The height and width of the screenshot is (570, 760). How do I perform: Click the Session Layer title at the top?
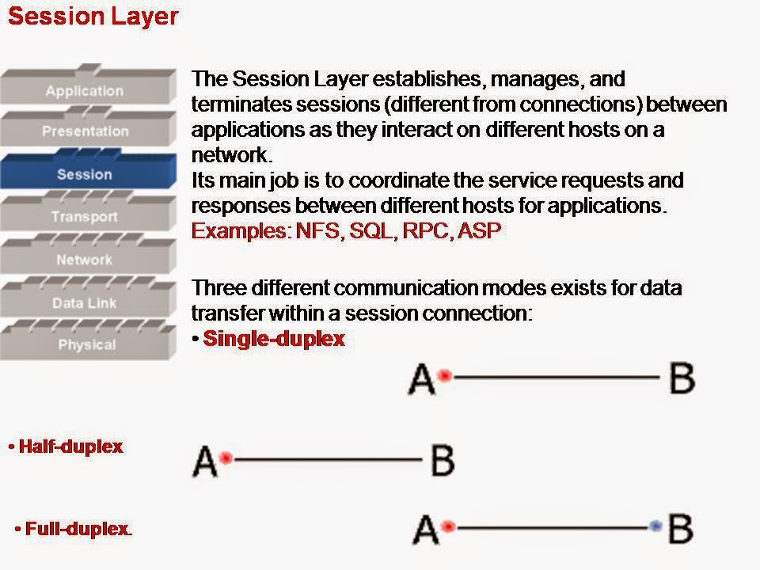[x=93, y=17]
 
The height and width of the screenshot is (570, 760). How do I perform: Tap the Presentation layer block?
[x=85, y=131]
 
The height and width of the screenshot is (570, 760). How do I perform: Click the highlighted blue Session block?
[x=85, y=174]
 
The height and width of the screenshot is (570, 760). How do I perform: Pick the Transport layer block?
[x=85, y=217]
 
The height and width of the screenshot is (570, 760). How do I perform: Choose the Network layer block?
[x=84, y=260]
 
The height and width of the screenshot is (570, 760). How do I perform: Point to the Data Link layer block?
[x=84, y=303]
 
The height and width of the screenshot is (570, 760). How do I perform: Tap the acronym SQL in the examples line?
[x=372, y=231]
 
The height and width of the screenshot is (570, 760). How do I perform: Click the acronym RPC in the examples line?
[x=425, y=231]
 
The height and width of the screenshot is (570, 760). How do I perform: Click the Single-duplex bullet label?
[x=274, y=339]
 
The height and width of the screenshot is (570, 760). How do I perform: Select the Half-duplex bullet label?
[x=70, y=446]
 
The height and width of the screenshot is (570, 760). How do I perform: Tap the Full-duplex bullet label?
[x=78, y=529]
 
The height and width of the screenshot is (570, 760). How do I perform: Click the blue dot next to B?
[x=654, y=526]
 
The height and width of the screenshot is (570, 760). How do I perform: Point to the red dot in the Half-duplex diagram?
[x=226, y=458]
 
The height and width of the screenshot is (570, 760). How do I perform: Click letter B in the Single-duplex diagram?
[x=682, y=378]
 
